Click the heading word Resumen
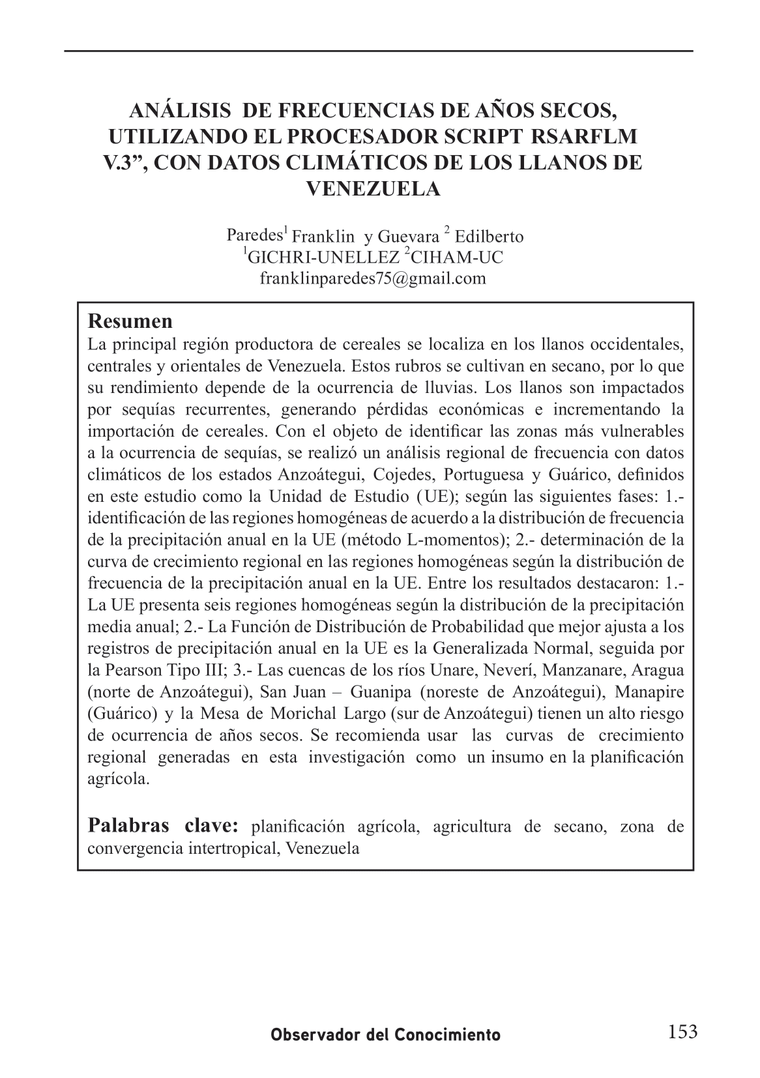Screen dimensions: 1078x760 click(x=130, y=321)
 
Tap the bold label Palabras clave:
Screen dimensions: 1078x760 click(x=164, y=826)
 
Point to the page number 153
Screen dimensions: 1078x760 click(x=682, y=1032)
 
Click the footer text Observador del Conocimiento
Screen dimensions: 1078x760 click(x=386, y=1035)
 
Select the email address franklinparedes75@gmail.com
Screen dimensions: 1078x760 click(x=373, y=278)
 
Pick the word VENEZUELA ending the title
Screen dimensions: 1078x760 click(x=373, y=189)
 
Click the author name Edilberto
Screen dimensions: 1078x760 click(x=490, y=237)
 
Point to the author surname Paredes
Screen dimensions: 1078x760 click(x=253, y=235)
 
